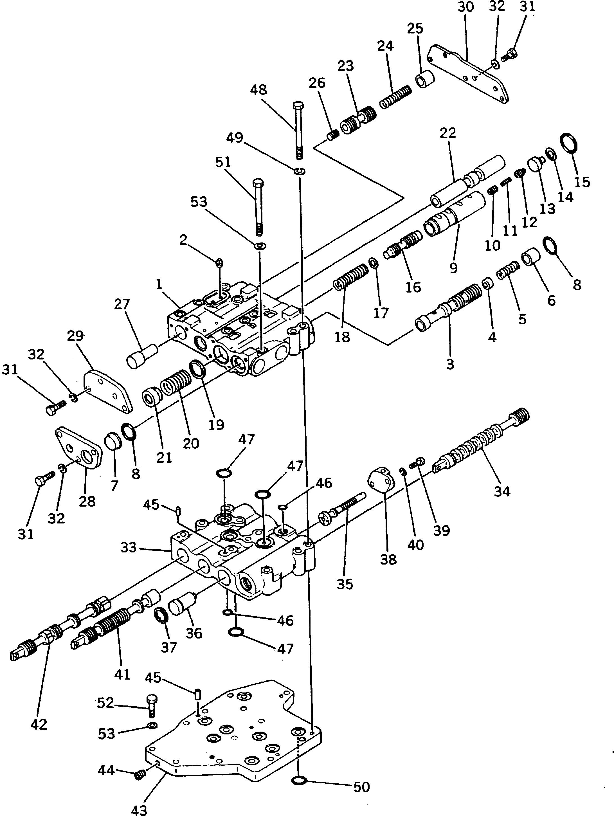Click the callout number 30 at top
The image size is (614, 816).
465,7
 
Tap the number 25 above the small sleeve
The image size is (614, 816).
415,28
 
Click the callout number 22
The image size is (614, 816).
448,133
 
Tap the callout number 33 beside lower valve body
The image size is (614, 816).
128,547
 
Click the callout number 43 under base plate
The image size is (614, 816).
139,810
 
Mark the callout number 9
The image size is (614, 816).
454,267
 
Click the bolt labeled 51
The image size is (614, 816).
258,206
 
